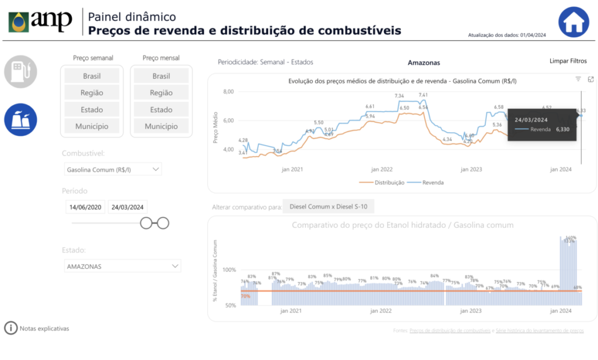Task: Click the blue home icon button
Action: click(x=573, y=22)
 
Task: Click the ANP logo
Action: click(x=40, y=22)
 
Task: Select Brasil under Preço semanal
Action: click(x=92, y=76)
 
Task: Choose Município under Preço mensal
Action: click(x=161, y=126)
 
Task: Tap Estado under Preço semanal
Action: click(x=92, y=109)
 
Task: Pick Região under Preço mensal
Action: click(x=161, y=93)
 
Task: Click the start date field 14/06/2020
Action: click(x=86, y=207)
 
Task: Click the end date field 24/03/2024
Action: click(x=128, y=207)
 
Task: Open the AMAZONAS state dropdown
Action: click(x=123, y=266)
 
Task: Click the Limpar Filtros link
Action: click(x=568, y=61)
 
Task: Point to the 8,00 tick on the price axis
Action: click(x=228, y=92)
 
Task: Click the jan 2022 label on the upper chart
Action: click(x=382, y=169)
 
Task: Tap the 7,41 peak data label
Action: click(x=423, y=95)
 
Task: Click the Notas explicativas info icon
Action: click(x=11, y=328)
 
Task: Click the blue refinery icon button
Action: click(x=21, y=119)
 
